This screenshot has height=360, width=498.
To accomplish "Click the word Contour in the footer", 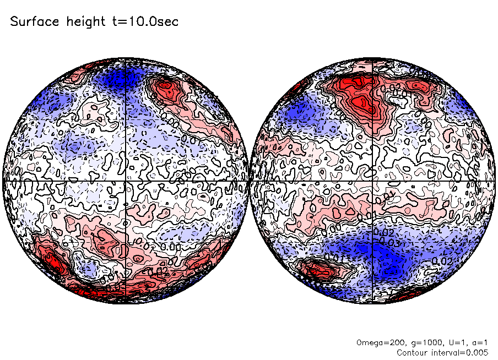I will point(412,352).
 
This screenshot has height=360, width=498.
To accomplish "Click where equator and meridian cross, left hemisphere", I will point(126,181).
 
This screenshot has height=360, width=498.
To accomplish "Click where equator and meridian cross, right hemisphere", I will point(372,181).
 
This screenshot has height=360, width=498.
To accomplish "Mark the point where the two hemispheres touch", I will point(249,181).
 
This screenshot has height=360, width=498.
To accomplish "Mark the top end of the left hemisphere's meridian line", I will point(126,58).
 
